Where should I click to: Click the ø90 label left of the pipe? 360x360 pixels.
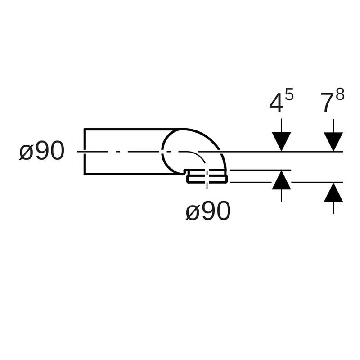point(41,152)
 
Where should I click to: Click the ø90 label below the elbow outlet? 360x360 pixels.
point(208,211)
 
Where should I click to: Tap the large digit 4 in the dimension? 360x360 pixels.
point(276,104)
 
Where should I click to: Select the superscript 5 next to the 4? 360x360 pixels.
point(289,95)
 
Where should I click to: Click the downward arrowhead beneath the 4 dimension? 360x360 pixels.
point(281,142)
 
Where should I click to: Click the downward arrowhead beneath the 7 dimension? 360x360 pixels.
point(333,142)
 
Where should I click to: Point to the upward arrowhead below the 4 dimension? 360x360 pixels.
point(281,180)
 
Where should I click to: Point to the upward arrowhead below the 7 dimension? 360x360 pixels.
point(333,193)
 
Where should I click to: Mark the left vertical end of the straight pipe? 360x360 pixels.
point(85,152)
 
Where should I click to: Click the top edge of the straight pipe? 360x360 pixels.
point(130,130)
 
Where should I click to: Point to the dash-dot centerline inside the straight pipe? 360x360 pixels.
point(121,152)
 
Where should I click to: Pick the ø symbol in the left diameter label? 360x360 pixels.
point(26,152)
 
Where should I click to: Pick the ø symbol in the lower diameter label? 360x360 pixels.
point(192,211)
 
